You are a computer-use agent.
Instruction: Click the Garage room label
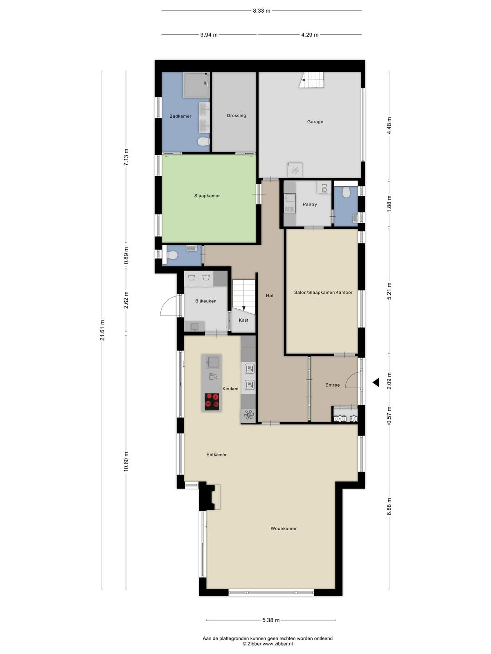(315, 121)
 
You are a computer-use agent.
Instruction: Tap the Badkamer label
(180, 116)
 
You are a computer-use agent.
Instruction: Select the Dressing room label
(236, 116)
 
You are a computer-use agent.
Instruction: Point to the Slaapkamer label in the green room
(207, 196)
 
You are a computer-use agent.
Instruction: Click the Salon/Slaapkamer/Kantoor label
(323, 293)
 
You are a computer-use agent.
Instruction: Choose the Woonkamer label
(283, 529)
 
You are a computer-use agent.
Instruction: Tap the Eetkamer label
(216, 455)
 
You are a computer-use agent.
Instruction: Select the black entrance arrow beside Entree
(376, 382)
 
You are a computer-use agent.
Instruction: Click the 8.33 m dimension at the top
(261, 11)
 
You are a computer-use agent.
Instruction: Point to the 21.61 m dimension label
(102, 330)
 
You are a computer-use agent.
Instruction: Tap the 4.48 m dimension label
(389, 125)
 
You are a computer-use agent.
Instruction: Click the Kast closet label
(243, 320)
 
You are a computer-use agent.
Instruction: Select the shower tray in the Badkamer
(196, 85)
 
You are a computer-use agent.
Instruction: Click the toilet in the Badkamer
(204, 141)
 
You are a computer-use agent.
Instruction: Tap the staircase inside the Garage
(311, 80)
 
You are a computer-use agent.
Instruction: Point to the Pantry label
(309, 204)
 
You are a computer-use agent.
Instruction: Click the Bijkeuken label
(206, 301)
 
